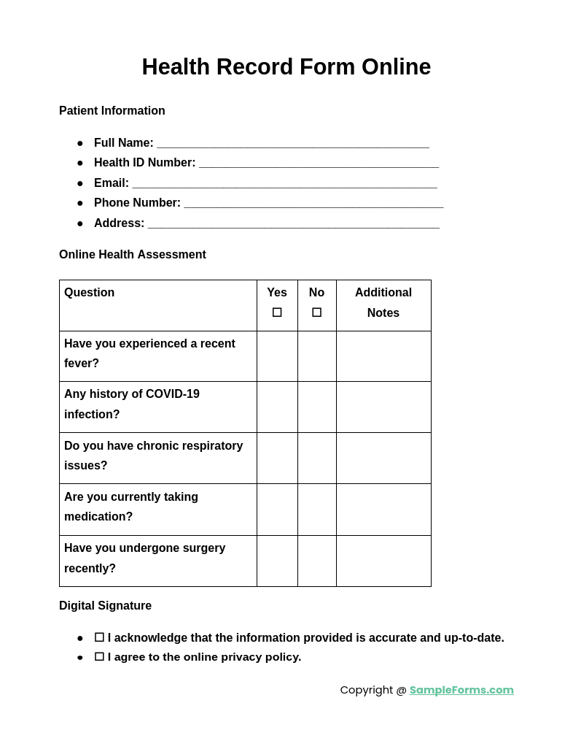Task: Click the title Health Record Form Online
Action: tap(286, 67)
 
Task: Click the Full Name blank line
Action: tap(292, 144)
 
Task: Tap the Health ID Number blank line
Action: tap(319, 164)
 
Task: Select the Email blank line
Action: tap(284, 184)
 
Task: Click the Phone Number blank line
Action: tap(313, 204)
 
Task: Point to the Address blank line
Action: tap(293, 224)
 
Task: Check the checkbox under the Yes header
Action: tap(277, 312)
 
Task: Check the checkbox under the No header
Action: tap(316, 312)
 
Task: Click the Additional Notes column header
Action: tap(383, 302)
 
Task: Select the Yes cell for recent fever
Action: tap(277, 356)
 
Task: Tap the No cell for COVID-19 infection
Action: tap(316, 407)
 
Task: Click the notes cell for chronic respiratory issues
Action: tap(383, 458)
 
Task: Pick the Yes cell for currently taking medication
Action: tap(277, 510)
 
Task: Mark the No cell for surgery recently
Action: tap(316, 561)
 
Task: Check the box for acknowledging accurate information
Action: tap(99, 637)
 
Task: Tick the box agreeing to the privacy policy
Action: tap(99, 657)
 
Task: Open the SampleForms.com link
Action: tap(461, 690)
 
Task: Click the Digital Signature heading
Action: tap(106, 606)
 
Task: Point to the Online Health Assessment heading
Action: tap(133, 255)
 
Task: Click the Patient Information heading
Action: tap(112, 111)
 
